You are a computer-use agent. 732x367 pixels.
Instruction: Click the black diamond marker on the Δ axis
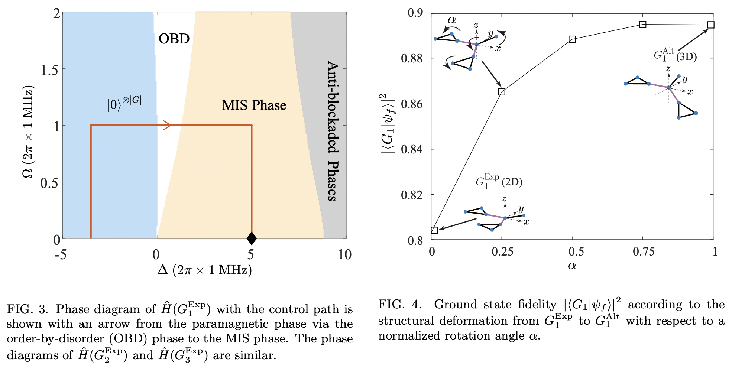point(252,238)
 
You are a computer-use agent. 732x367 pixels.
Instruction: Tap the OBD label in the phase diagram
point(174,39)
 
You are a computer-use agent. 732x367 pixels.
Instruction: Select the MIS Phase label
point(254,105)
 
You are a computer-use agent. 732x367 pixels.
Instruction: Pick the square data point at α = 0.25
point(502,92)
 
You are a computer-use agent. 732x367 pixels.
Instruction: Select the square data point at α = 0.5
point(572,39)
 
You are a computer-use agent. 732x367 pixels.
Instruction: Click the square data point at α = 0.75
point(642,25)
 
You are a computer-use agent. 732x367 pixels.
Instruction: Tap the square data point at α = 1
point(710,25)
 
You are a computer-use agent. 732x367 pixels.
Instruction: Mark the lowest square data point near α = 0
point(434,230)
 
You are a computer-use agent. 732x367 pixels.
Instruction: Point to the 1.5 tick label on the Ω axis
point(49,69)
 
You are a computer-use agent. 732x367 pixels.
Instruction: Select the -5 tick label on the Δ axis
point(61,255)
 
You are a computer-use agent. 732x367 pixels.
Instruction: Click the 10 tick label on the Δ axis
point(344,255)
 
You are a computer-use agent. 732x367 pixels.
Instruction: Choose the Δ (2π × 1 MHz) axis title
point(205,270)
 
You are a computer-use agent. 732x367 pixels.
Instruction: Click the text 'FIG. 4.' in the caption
point(400,305)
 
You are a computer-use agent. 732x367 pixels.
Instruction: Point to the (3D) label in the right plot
point(686,57)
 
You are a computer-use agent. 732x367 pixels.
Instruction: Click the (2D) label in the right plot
point(512,182)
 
